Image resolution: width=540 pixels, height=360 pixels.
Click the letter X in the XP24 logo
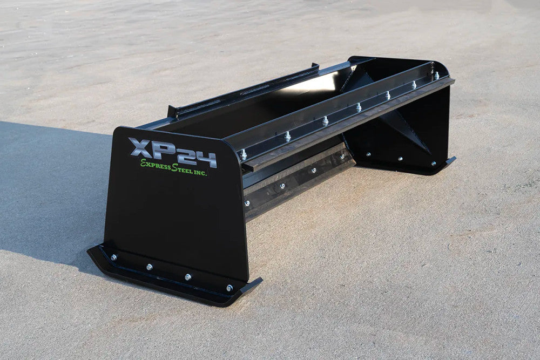coord(139,147)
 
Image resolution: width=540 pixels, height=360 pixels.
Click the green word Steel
coord(182,169)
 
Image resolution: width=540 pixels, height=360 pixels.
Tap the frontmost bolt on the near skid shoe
coord(229,288)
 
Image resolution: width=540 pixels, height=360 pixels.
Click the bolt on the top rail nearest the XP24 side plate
coord(244,154)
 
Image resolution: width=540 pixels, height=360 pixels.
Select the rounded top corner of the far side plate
coord(443,67)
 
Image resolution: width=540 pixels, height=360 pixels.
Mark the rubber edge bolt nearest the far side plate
coord(341,157)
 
